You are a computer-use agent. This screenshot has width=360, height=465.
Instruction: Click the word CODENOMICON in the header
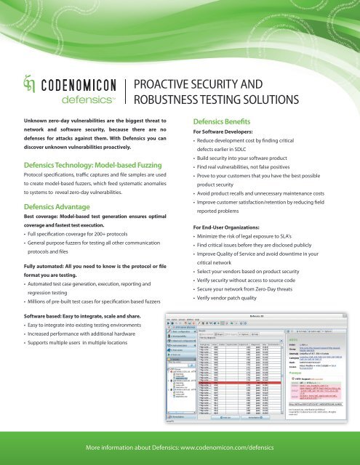click(74, 84)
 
